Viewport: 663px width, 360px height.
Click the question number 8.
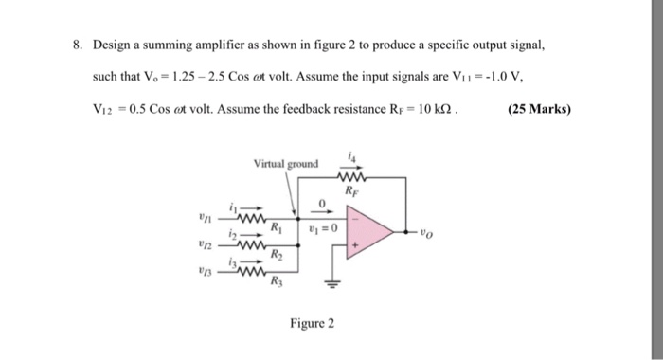pyautogui.click(x=77, y=45)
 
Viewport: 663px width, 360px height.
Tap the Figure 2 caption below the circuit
pyautogui.click(x=313, y=322)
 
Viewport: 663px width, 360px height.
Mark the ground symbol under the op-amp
pyautogui.click(x=333, y=281)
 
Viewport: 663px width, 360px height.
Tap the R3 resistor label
pyautogui.click(x=277, y=282)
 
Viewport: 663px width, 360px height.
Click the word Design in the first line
pyautogui.click(x=110, y=45)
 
